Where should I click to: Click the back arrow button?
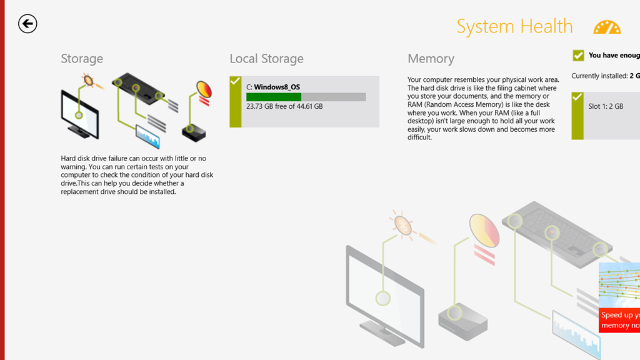click(x=27, y=24)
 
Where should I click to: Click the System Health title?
click(x=514, y=26)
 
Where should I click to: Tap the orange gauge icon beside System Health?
click(x=607, y=27)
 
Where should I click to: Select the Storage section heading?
click(x=82, y=59)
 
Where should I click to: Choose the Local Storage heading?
click(x=266, y=59)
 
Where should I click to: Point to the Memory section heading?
click(x=431, y=59)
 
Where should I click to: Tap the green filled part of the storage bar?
click(x=273, y=97)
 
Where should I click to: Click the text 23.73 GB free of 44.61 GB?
click(x=284, y=107)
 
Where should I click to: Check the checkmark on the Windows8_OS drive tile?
click(x=235, y=81)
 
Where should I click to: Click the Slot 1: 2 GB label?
click(x=606, y=106)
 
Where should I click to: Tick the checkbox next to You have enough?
click(x=578, y=56)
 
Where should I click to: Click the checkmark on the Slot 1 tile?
click(x=577, y=97)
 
